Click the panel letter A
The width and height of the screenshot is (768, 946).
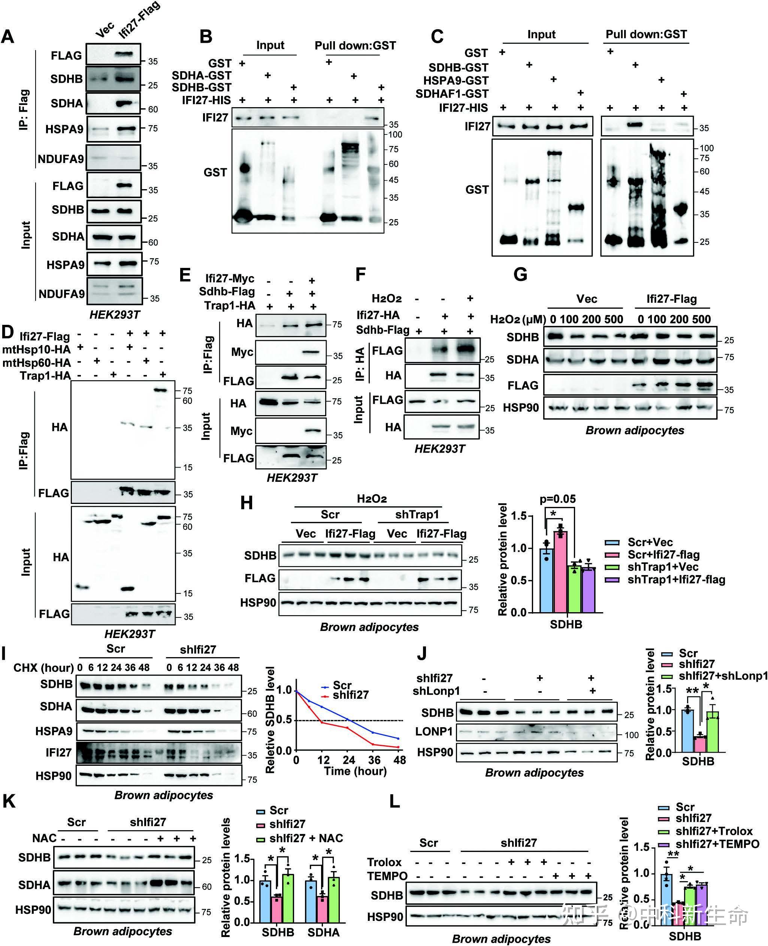tap(8, 36)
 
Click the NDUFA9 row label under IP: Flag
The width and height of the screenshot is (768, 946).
tap(61, 159)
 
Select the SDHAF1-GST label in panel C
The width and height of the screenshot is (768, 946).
tap(452, 94)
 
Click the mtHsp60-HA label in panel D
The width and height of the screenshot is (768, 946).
tap(37, 363)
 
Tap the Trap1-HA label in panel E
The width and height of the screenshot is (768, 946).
tap(230, 305)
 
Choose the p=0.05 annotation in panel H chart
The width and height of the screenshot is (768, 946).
tap(557, 499)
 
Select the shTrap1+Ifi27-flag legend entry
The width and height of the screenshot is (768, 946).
tap(676, 580)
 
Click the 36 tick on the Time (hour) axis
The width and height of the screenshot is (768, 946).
tap(374, 760)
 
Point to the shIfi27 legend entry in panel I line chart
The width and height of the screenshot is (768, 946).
tap(350, 695)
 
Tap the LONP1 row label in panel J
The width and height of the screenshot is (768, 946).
tap(434, 731)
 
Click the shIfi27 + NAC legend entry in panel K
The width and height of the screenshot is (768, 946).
tap(306, 838)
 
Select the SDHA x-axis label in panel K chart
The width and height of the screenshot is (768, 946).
tap(323, 932)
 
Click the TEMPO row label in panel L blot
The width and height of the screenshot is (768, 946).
tap(387, 876)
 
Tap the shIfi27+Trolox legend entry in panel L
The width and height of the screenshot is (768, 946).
tap(714, 831)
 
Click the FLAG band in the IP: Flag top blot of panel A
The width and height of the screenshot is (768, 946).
tap(124, 54)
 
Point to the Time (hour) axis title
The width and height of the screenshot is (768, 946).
tap(355, 771)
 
